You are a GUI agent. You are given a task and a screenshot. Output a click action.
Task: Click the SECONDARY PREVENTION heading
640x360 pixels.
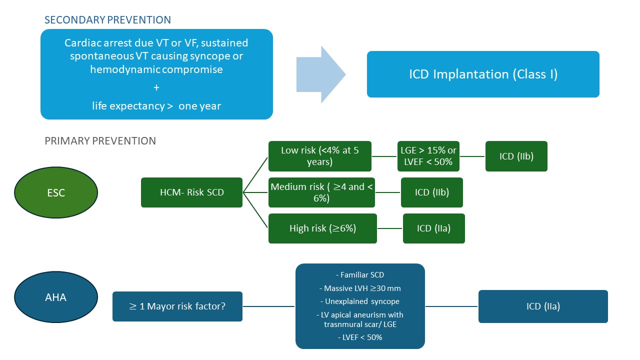[x=107, y=20]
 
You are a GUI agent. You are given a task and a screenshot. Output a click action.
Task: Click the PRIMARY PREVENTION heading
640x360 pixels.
[x=100, y=141]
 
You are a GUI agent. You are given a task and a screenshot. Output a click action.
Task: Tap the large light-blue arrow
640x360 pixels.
[x=320, y=74]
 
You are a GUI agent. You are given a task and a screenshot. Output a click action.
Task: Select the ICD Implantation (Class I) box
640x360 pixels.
[x=483, y=74]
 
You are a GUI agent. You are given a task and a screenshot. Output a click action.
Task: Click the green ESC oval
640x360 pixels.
[x=56, y=192]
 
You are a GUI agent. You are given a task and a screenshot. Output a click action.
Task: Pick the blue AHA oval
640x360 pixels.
[x=56, y=297]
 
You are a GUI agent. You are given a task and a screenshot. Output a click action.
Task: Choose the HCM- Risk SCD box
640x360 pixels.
[x=192, y=192]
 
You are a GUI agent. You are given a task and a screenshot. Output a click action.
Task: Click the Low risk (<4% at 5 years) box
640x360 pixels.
[x=320, y=156]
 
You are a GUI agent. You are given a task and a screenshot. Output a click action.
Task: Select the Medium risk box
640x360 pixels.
[x=321, y=192]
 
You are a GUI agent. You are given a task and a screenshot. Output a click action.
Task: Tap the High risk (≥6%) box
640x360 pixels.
[x=322, y=228]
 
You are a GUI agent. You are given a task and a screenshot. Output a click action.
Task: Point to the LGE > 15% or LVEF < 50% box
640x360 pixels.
[x=428, y=156]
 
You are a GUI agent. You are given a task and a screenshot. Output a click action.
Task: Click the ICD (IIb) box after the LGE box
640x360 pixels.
[x=516, y=156]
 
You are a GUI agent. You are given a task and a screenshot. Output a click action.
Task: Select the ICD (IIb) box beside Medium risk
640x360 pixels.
[x=432, y=192]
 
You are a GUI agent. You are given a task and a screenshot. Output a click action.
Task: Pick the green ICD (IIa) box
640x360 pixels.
[x=433, y=228]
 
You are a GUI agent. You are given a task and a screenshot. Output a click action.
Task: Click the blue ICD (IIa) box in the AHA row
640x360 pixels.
[x=543, y=306]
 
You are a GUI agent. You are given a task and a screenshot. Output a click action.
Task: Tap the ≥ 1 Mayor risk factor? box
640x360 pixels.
[x=177, y=306]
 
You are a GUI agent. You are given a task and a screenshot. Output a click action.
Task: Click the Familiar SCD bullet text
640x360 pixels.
[x=360, y=275]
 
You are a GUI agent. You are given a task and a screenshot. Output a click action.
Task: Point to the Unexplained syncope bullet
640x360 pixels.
[x=360, y=301]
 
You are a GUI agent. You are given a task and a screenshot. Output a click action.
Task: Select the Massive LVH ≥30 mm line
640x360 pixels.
[x=360, y=288]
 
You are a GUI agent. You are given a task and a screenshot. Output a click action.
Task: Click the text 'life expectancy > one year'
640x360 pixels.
[x=156, y=106]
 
